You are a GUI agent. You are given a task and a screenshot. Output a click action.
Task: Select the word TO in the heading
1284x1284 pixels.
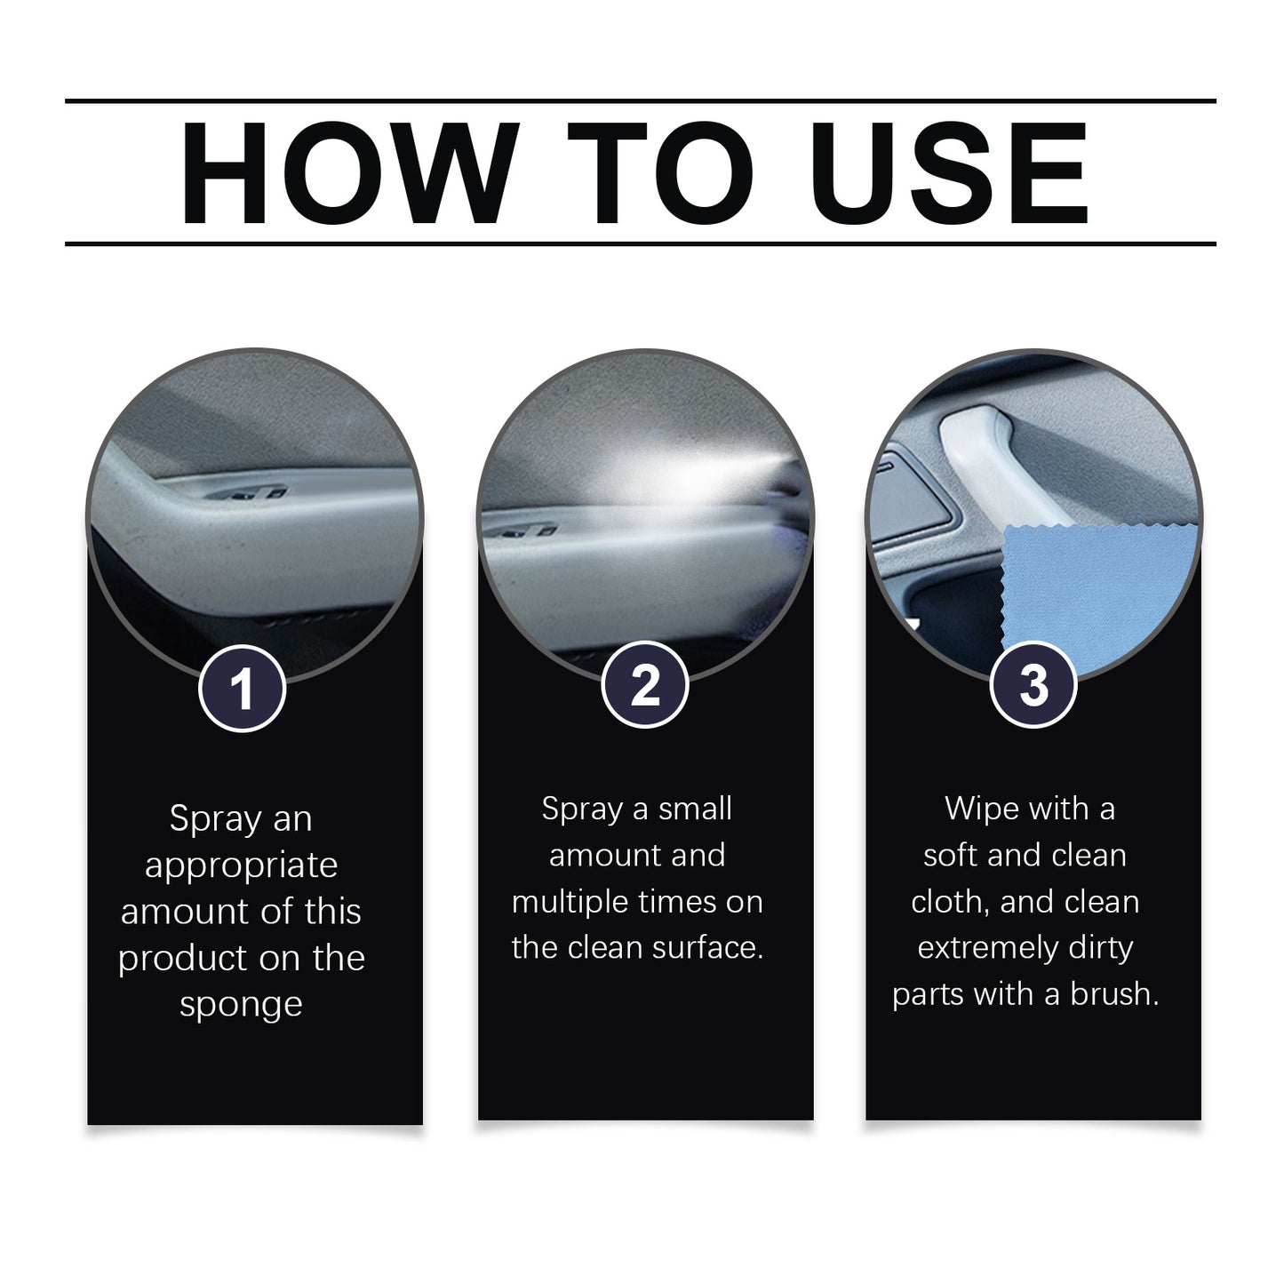(x=659, y=173)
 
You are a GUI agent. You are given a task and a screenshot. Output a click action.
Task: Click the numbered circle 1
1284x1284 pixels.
(x=242, y=689)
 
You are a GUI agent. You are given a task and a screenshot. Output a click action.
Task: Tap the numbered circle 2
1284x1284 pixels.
(x=644, y=687)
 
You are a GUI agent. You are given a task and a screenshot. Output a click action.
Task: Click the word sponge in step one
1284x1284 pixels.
(x=241, y=1005)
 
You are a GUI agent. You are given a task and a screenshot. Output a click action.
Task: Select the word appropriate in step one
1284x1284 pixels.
(x=241, y=866)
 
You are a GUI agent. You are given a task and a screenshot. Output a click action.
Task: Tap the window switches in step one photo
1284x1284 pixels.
(x=253, y=494)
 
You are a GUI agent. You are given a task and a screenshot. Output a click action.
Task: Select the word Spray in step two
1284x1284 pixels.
(x=582, y=809)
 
